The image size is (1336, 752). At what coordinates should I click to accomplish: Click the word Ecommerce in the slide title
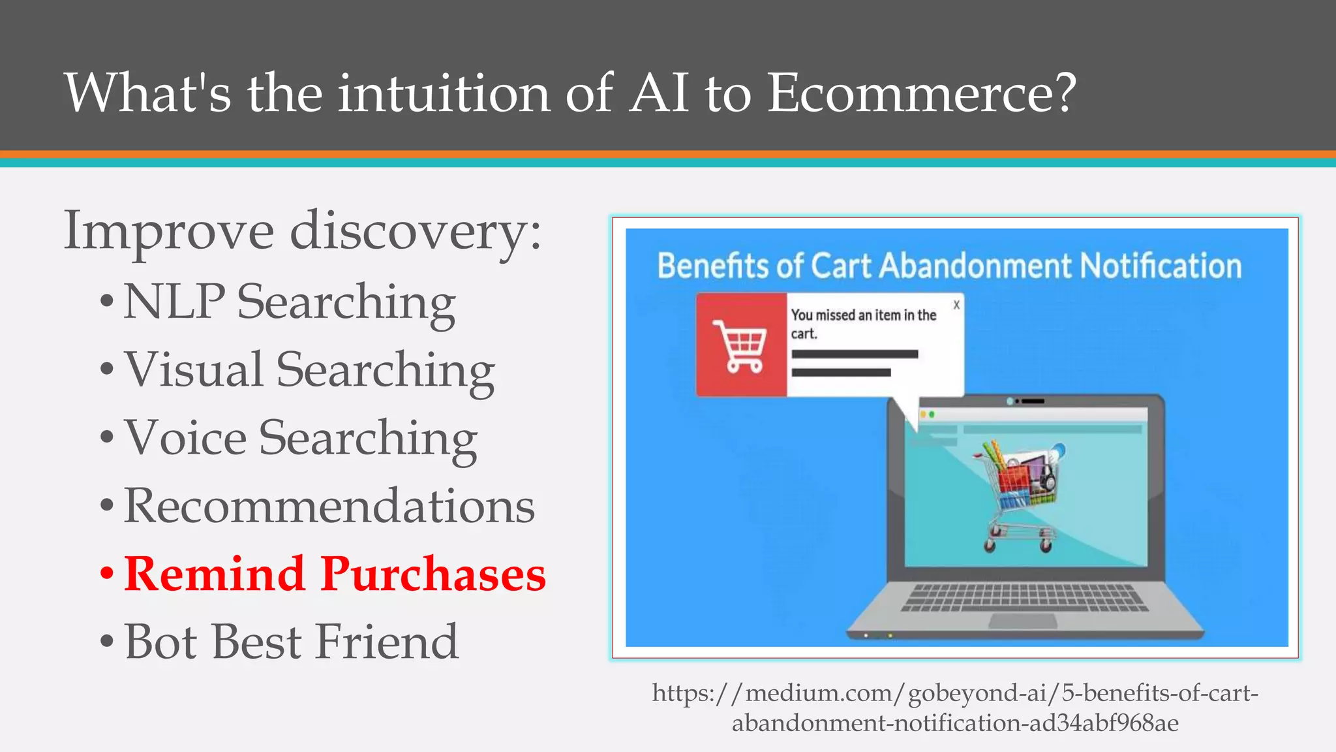920,93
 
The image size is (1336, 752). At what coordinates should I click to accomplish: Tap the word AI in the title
659,93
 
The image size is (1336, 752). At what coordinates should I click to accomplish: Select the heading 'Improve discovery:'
303,231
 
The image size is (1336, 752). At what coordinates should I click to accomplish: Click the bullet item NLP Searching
289,302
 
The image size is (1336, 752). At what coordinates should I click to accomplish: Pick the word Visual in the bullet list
193,370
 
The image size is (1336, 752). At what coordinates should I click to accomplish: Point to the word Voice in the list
185,438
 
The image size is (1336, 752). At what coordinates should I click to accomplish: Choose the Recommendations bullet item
329,506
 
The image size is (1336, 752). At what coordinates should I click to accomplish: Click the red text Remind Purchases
335,574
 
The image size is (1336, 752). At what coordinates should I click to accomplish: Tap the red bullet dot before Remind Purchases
107,574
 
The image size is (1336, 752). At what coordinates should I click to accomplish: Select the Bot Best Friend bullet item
291,642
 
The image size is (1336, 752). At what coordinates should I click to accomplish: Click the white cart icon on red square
740,345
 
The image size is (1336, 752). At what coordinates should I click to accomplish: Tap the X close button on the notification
956,305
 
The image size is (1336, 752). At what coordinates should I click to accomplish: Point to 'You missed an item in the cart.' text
862,324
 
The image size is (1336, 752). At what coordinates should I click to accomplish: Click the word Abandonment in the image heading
975,266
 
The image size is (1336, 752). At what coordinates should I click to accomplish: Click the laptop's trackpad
1022,621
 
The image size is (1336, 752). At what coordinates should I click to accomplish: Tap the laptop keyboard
1022,597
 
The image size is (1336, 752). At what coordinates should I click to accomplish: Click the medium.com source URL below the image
955,708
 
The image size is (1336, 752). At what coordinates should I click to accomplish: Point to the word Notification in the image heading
1161,266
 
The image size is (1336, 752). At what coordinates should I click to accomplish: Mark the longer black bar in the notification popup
855,354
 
